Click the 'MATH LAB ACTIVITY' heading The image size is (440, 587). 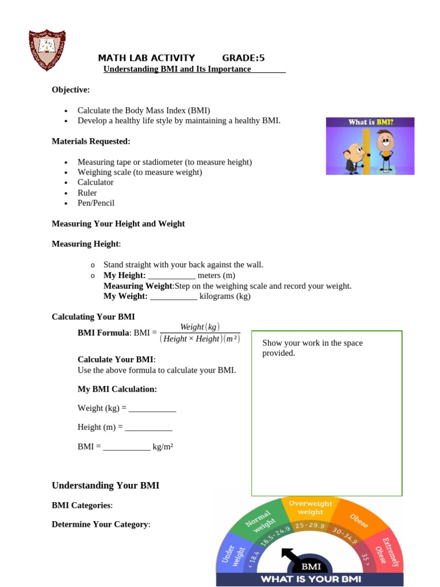coord(146,58)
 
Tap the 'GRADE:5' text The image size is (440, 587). coord(243,58)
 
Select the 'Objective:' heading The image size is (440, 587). coord(70,89)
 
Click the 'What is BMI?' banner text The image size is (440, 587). coord(370,122)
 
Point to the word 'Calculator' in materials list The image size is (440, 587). coord(96,182)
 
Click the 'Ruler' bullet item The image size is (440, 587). coord(87,193)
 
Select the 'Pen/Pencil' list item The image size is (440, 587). coord(96,203)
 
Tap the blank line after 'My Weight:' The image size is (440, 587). coord(174,296)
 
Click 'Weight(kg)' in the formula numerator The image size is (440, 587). coord(199,327)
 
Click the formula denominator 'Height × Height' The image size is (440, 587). coord(191,339)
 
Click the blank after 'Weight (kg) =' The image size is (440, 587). coord(152,409)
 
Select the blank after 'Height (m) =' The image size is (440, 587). coord(148,428)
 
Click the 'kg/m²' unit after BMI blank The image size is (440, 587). coord(163,447)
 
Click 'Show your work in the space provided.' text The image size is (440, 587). coord(312,347)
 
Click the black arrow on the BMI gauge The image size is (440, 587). coord(289,557)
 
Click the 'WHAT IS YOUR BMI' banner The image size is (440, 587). coord(311,579)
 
